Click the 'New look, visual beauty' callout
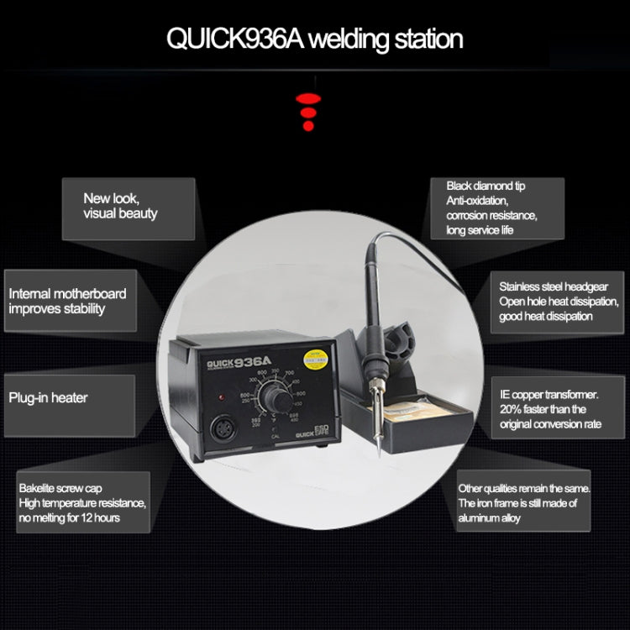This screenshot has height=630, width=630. point(119,206)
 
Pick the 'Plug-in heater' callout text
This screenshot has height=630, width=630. point(48,397)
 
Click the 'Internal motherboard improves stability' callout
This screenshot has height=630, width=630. point(67,301)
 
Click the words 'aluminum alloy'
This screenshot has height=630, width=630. point(490,518)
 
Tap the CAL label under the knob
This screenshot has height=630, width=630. point(277,437)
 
